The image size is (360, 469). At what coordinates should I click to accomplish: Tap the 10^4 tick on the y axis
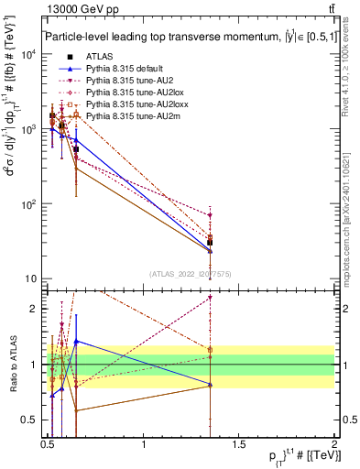point(29,54)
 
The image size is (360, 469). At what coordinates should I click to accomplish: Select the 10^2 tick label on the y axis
point(29,204)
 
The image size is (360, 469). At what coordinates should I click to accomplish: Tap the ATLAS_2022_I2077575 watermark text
point(190,273)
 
